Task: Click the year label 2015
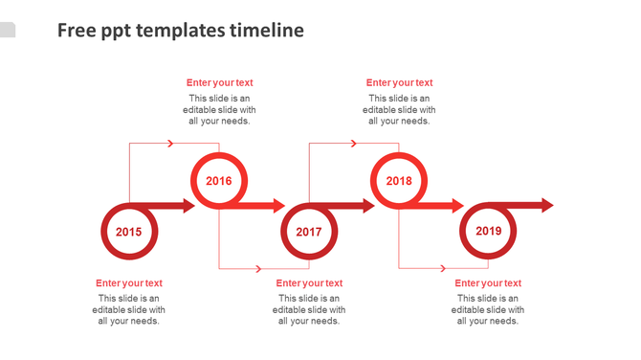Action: coord(128,232)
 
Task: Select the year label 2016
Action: coord(219,181)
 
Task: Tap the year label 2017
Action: coord(308,232)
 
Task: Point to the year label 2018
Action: coord(399,181)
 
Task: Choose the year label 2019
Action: coord(488,231)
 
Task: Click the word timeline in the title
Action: coord(267,31)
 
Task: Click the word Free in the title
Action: coord(75,31)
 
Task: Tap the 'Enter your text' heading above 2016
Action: coord(219,83)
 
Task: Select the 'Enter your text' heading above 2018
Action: coord(399,83)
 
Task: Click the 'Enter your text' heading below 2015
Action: coord(129,283)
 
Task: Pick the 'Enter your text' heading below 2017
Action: coord(309,283)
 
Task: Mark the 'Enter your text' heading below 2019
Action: coord(488,283)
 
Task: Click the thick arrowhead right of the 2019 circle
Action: coord(547,205)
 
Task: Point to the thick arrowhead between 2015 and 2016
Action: coord(188,205)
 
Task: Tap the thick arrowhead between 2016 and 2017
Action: coord(278,205)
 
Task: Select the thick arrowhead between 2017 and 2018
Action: coord(368,205)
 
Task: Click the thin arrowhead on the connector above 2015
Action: coord(170,144)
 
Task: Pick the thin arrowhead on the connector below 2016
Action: coord(260,269)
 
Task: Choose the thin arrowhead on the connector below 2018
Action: coord(440,269)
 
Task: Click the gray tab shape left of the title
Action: coord(7,30)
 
